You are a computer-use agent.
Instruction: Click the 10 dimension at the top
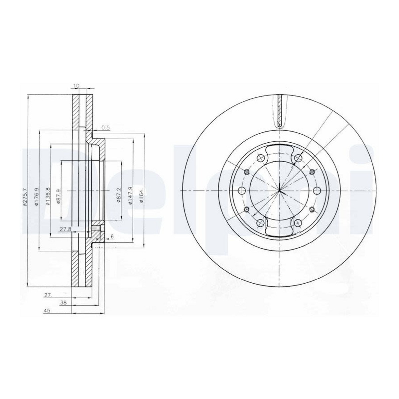[76, 85]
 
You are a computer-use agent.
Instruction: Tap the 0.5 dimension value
[106, 128]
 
